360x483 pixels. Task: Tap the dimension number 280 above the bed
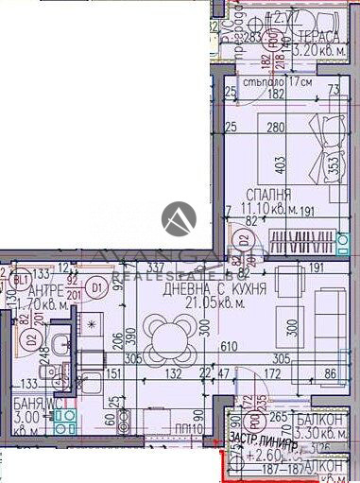pos(274,129)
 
